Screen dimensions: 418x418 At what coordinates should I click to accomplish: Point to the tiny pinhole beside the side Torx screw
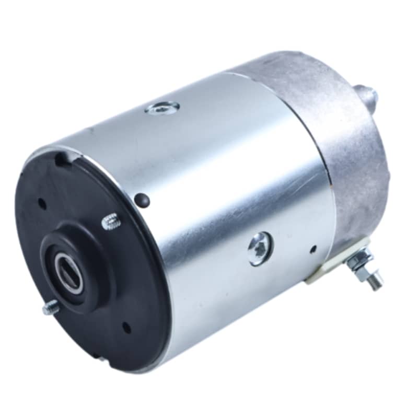[312, 249]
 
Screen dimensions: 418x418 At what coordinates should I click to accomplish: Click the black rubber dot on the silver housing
[141, 199]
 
